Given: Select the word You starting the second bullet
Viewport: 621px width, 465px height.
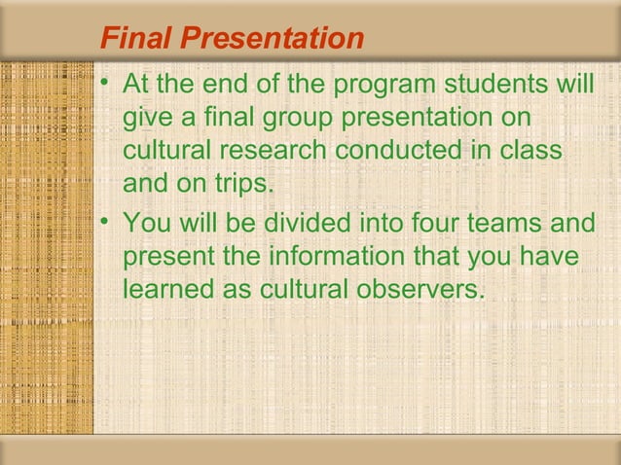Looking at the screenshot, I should coord(147,225).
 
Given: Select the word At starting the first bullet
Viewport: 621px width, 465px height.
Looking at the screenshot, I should coord(136,85).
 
